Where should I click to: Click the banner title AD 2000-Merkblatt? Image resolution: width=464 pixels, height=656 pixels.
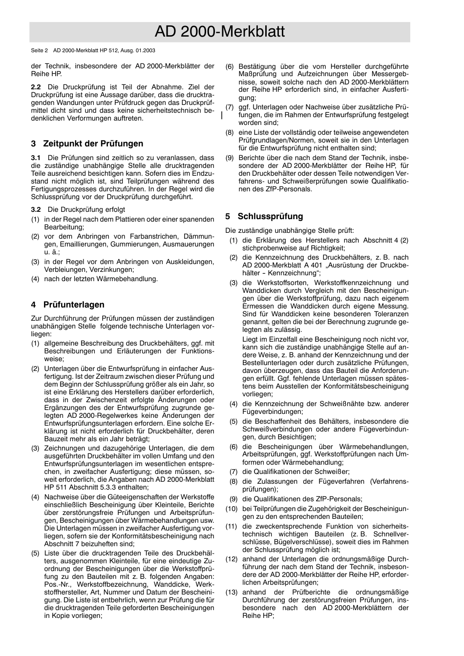[219, 32]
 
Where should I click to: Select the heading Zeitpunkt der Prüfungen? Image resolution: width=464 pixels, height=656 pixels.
[93, 143]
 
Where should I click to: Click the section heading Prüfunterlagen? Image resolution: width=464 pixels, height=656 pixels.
[74, 305]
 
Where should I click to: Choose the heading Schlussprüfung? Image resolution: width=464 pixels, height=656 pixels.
[270, 216]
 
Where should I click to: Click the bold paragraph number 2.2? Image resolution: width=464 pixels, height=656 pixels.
[36, 87]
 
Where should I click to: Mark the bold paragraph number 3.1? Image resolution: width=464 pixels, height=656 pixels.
[36, 158]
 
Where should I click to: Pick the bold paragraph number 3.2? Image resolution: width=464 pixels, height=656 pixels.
[36, 209]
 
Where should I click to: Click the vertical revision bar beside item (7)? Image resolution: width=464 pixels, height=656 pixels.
[222, 115]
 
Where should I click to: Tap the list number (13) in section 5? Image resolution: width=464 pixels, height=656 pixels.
[232, 592]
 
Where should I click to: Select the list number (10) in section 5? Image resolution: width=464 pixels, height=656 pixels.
[232, 509]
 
